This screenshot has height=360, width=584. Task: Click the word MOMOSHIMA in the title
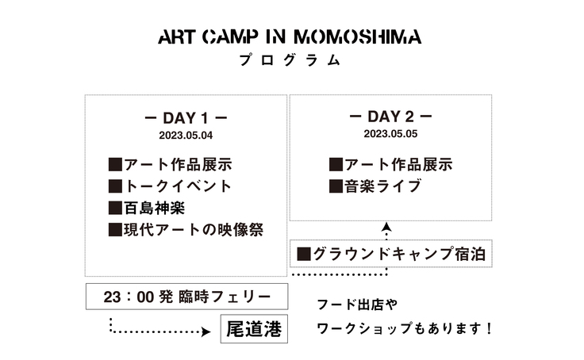358,36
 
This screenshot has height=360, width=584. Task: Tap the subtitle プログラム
290,60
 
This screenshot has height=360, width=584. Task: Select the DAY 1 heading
186,118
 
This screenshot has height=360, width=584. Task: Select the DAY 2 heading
390,117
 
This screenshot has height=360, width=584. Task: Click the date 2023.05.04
186,135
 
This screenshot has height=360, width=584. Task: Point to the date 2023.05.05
390,134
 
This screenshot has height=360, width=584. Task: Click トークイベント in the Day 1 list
178,186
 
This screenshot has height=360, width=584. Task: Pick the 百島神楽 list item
154,208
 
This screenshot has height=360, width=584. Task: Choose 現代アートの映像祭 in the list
194,230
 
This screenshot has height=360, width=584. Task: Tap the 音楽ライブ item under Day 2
383,186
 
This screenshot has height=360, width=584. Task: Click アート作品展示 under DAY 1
178,165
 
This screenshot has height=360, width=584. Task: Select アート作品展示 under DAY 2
398,165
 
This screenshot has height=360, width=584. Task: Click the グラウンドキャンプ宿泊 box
391,254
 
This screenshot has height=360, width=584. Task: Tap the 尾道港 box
254,329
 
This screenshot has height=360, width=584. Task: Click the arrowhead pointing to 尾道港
206,331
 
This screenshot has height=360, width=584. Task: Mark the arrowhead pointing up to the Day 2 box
387,227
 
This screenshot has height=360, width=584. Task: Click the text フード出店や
357,304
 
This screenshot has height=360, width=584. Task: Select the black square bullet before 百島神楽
116,208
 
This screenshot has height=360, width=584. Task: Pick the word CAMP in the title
231,36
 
